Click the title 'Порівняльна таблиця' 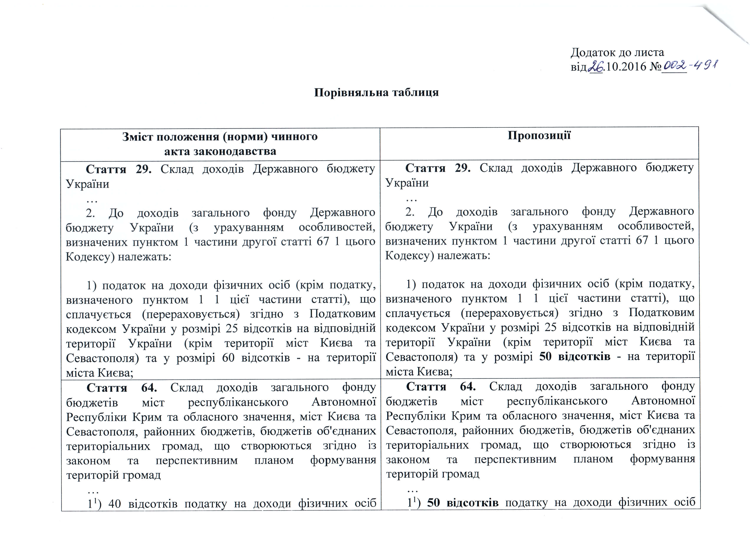point(376,92)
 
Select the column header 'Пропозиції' point(539,135)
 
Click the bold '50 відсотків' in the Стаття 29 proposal point(574,357)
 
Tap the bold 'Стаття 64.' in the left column point(122,388)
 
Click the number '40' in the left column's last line point(115,503)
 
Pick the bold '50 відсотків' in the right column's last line point(463,502)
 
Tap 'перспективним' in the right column point(515,459)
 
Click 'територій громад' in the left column point(113,475)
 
